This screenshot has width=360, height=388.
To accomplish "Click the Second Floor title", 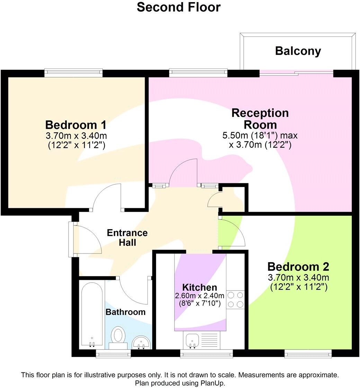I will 179,7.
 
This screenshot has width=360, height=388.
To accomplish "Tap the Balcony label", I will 298,51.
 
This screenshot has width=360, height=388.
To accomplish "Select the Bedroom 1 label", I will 76,124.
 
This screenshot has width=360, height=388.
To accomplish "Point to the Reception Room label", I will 260,119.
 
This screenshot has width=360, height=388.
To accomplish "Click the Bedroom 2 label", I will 298,267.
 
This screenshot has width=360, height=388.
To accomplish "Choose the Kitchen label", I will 200,287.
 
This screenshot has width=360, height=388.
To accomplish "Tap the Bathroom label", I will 125,312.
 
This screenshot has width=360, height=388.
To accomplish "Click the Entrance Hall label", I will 127,238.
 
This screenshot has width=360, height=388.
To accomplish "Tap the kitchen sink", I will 191,340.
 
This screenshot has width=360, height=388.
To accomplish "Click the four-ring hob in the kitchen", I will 235,300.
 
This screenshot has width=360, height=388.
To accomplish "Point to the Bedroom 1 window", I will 73,73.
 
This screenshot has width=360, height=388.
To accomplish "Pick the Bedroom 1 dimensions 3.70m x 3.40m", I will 76,135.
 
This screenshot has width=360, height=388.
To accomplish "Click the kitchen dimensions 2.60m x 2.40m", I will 200,296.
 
